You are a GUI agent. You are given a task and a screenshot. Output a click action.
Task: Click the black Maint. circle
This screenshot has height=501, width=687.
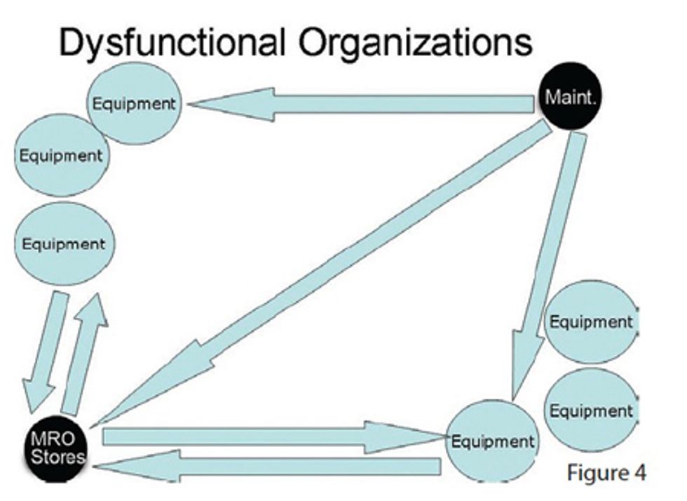pyautogui.click(x=571, y=99)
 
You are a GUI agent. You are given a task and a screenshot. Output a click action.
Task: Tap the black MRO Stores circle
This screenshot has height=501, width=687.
pyautogui.click(x=56, y=449)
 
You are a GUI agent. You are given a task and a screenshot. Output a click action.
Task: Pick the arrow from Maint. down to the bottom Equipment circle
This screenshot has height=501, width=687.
pyautogui.click(x=547, y=267)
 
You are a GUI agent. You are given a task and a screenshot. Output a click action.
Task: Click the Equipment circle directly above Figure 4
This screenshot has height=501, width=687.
pyautogui.click(x=590, y=410)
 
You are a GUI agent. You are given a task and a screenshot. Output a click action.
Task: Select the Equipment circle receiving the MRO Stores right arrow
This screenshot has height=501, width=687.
pyautogui.click(x=492, y=442)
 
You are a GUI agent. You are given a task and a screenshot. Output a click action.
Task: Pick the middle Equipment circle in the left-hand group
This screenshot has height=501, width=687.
pyautogui.click(x=60, y=154)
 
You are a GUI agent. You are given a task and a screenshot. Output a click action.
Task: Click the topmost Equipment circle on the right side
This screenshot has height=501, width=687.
pyautogui.click(x=590, y=322)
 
